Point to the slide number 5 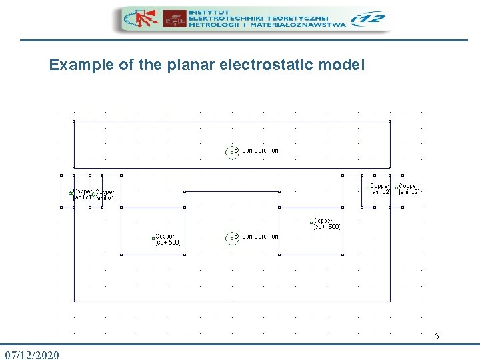click(437, 337)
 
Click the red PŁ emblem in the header click(175, 20)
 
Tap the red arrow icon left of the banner click(141, 19)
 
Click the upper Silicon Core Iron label click(256, 151)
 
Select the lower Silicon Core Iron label click(256, 237)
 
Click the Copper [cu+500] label click(167, 239)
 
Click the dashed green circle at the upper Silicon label click(231, 151)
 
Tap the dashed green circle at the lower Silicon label click(231, 237)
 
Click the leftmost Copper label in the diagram click(83, 194)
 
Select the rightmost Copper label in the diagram click(409, 189)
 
